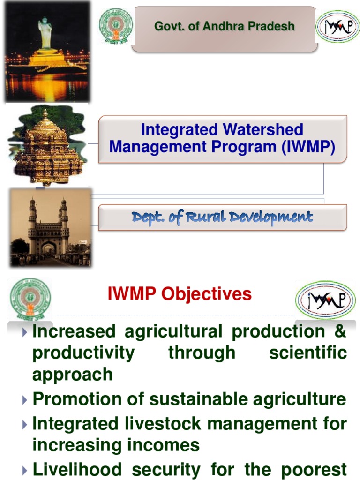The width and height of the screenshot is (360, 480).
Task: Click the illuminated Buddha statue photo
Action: [x=46, y=52]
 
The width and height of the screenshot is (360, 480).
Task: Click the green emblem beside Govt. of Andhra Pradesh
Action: [x=116, y=26]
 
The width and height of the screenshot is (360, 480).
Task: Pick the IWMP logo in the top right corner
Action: [x=337, y=27]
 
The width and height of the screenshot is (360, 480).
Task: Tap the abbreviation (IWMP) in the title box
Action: [x=308, y=147]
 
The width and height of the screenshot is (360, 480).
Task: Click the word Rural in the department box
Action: [x=203, y=217]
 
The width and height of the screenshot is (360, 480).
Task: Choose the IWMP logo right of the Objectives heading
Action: [x=325, y=300]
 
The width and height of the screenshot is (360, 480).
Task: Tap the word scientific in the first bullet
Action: [x=308, y=352]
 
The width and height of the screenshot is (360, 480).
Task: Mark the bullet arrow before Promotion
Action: [x=25, y=400]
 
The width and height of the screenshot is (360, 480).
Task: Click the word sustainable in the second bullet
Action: [x=200, y=399]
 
